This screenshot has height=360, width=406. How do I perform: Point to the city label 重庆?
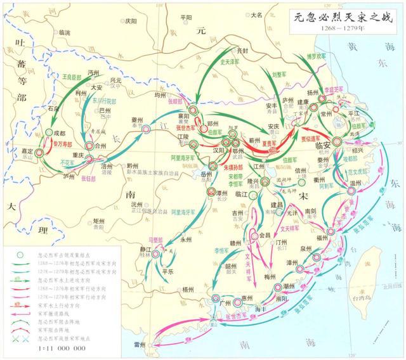pos(78,155)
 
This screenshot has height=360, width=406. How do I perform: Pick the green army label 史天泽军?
pos(232,62)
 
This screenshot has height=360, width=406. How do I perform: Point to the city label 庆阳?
pos(130,20)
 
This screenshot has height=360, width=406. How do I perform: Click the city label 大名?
pos(256,14)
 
